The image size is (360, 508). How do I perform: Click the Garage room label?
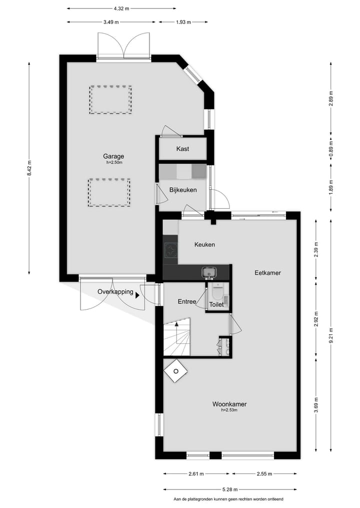coord(114,156)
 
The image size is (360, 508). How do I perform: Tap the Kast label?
coord(182,149)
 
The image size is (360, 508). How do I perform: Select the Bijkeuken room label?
coord(183,190)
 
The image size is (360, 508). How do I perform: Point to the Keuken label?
coord(204,244)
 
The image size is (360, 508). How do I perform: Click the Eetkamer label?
coord(267,273)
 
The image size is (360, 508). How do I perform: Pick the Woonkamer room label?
coord(229,404)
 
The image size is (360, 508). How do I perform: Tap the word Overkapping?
coord(115,292)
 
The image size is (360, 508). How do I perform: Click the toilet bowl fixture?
coord(217,291)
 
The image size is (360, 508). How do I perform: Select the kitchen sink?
coord(208,272)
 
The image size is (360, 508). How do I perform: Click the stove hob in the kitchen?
coord(171,249)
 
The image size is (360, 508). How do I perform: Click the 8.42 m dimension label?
coord(29,168)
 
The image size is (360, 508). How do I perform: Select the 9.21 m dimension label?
coord(330,334)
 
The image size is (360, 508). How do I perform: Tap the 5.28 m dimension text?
coord(230,490)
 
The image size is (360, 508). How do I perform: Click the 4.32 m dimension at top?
coord(121,8)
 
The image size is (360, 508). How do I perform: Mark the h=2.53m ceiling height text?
coord(229,411)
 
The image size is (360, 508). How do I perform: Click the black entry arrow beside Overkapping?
coord(137,295)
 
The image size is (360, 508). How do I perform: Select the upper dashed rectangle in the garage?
coord(110,100)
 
